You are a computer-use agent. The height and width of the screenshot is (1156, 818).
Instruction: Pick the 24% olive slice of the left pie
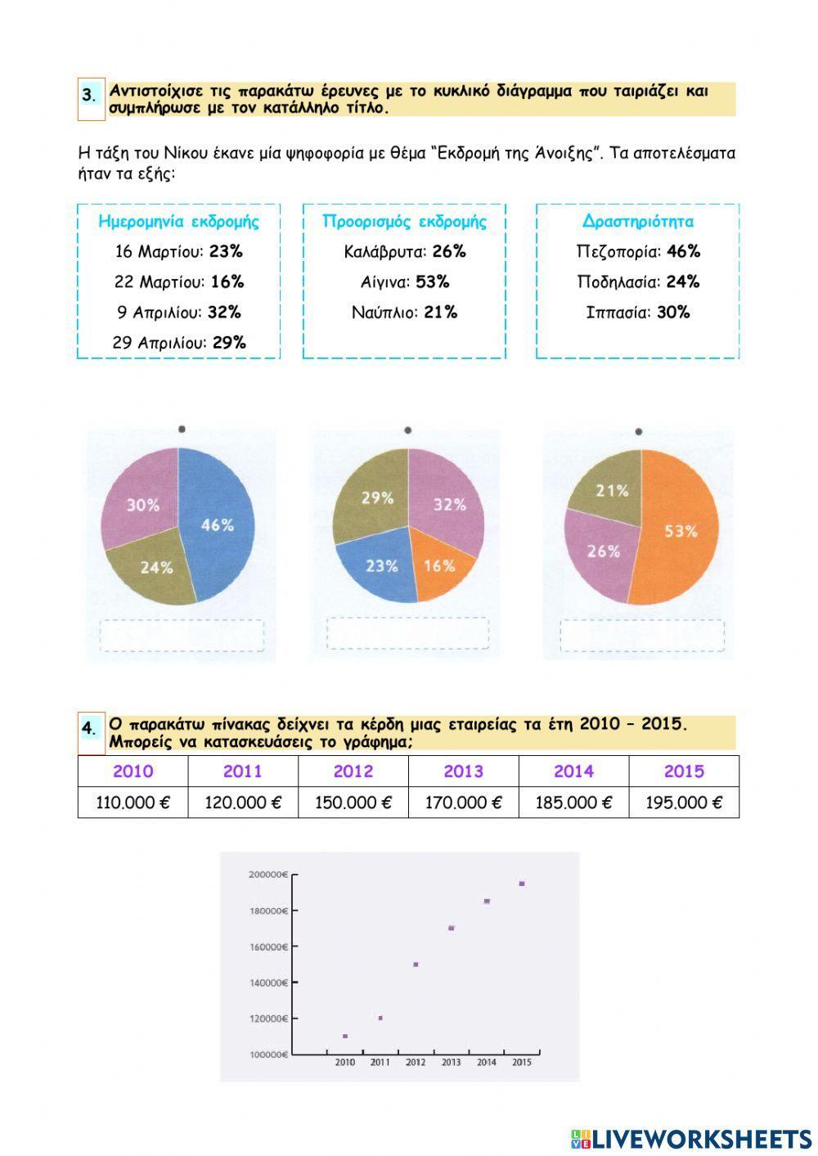(155, 566)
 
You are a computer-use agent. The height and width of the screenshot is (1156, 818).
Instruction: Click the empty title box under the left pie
(182, 635)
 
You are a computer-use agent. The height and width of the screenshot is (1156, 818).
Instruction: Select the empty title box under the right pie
(642, 635)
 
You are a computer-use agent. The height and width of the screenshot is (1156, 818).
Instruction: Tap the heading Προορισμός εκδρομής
(404, 222)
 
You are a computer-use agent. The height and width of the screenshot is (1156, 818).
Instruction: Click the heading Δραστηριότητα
(638, 222)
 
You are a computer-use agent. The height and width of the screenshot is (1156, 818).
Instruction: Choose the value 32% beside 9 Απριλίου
(224, 312)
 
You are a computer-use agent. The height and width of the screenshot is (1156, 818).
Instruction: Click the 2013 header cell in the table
(463, 771)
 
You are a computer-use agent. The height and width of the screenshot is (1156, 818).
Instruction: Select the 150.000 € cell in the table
(353, 803)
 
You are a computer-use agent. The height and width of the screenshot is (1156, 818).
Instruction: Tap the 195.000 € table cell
(684, 803)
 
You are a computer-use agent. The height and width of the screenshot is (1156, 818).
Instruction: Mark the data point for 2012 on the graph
(416, 965)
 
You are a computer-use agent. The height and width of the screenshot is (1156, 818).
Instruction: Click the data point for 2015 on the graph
(522, 884)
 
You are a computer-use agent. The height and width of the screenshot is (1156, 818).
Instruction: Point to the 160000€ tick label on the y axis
(267, 947)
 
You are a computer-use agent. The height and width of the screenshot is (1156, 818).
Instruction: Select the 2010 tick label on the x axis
(345, 1062)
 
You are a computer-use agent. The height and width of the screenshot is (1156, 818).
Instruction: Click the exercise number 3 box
(90, 96)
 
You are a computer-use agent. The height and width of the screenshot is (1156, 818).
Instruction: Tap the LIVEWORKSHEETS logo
(691, 1138)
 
